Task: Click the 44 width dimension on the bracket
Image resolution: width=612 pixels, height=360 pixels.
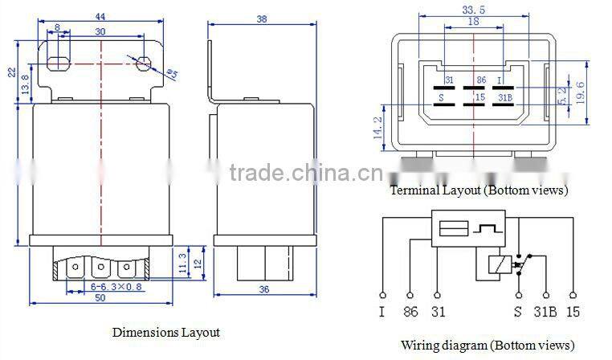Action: coord(100,16)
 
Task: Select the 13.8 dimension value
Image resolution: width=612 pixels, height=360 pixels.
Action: coord(25,83)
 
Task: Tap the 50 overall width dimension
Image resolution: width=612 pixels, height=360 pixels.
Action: coord(101,298)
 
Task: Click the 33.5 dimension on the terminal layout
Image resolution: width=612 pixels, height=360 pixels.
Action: coord(473,10)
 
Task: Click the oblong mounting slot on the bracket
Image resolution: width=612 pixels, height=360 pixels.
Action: coord(58,63)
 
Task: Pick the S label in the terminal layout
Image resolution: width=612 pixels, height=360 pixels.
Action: coord(440,98)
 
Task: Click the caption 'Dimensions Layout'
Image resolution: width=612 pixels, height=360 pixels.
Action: coord(165,332)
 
